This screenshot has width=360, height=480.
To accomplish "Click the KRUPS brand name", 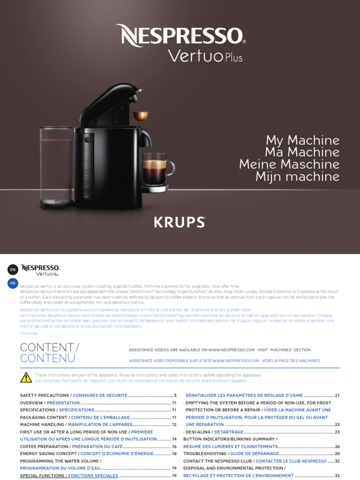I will [x=180, y=222].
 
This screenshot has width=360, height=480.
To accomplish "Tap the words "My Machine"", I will [x=302, y=140].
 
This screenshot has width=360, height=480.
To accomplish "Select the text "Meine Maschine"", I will [x=289, y=165].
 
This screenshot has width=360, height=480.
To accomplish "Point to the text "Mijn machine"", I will [x=297, y=177].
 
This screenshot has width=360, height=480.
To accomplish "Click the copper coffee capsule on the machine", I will [x=139, y=115].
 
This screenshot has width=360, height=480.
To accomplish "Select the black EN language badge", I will [x=13, y=269].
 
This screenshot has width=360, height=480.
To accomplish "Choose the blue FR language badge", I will [x=13, y=283].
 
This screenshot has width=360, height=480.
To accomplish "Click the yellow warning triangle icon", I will [x=26, y=378].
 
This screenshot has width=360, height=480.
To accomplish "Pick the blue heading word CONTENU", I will [x=47, y=359].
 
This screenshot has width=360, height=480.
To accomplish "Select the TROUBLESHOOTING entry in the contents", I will [x=204, y=454].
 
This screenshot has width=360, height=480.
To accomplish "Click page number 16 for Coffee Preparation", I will [x=174, y=447].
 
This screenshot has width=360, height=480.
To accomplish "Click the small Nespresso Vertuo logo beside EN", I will [x=40, y=270].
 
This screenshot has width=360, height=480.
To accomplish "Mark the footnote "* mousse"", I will [x=29, y=333].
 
